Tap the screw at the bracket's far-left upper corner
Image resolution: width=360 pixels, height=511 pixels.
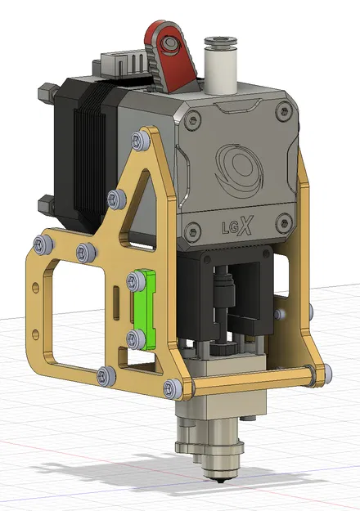pos(41,242)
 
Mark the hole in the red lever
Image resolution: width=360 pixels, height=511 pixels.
pos(169,41)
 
